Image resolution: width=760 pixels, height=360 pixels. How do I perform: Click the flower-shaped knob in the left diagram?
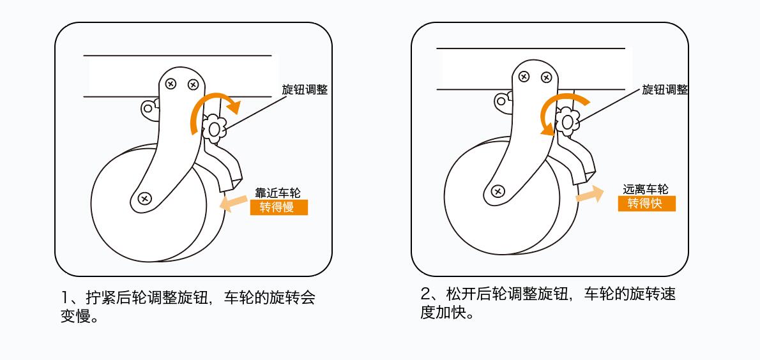(213, 130)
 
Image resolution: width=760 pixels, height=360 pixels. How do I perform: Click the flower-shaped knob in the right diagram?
(567, 121)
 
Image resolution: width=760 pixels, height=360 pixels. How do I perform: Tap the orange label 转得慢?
(278, 207)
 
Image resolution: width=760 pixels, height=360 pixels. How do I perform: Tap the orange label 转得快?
(646, 204)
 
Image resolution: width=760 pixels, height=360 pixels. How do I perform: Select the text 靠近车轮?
(278, 193)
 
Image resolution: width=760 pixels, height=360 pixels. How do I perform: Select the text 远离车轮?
(646, 189)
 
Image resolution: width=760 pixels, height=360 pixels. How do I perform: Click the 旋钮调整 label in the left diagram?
(305, 90)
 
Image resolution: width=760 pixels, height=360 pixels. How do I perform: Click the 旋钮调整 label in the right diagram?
(665, 90)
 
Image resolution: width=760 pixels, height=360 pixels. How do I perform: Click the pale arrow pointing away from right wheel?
(589, 194)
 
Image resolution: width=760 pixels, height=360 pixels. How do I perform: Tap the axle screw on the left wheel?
(144, 198)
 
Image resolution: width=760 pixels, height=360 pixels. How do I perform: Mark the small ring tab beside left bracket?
(148, 107)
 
